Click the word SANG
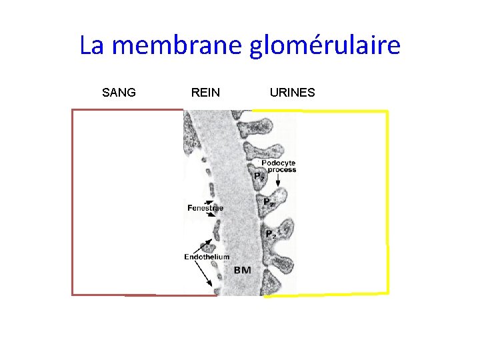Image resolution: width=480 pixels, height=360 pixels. pos(119,93)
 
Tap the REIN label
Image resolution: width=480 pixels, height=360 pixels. pos(205,93)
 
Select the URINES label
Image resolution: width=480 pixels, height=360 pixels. pos(292,93)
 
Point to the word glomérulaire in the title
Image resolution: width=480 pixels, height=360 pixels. pos(325,47)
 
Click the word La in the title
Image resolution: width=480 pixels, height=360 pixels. pos(93,45)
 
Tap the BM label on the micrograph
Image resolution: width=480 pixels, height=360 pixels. pos(243,271)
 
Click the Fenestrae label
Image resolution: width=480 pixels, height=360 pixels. pos(205,208)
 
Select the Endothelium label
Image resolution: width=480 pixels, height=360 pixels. pos(207,257)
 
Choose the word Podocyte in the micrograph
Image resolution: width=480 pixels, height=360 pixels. pos(279,163)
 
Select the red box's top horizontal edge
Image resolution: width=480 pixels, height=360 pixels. pos(127,110)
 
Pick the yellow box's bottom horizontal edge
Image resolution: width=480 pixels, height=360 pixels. pos(327,294)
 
